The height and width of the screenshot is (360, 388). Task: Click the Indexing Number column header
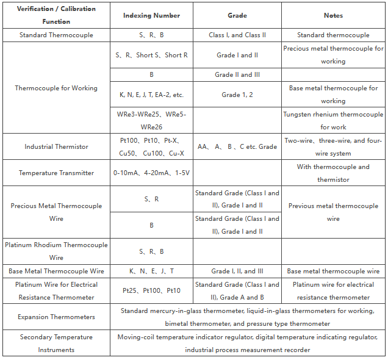tap(151, 15)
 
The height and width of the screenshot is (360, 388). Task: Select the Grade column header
tap(237, 15)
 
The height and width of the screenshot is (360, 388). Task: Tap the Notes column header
tap(333, 15)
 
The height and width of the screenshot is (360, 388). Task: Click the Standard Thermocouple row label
tap(56, 35)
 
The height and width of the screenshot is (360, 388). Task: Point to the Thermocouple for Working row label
tap(56, 88)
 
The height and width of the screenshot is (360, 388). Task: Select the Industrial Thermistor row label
tap(56, 146)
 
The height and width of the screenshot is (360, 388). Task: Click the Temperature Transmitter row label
tap(56, 173)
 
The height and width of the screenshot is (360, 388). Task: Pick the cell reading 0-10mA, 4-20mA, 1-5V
tap(151, 173)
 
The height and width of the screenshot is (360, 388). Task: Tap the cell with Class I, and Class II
tap(237, 35)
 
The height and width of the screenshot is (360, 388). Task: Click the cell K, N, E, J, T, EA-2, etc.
tap(151, 95)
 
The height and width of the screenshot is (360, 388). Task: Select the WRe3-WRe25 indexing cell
tap(151, 121)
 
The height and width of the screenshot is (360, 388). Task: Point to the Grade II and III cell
tap(237, 74)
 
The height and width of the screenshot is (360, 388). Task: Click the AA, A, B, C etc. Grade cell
tap(237, 146)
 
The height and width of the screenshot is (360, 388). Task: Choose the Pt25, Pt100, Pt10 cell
tap(151, 291)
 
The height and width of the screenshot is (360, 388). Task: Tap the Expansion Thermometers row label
tap(56, 317)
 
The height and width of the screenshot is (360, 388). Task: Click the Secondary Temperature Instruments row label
tap(56, 343)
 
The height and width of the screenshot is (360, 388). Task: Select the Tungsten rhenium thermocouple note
tap(333, 121)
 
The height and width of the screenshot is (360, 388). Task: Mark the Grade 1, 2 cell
tap(237, 95)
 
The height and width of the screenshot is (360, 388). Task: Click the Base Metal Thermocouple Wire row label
tap(56, 271)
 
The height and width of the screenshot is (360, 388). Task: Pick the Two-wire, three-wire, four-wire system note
tap(333, 146)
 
